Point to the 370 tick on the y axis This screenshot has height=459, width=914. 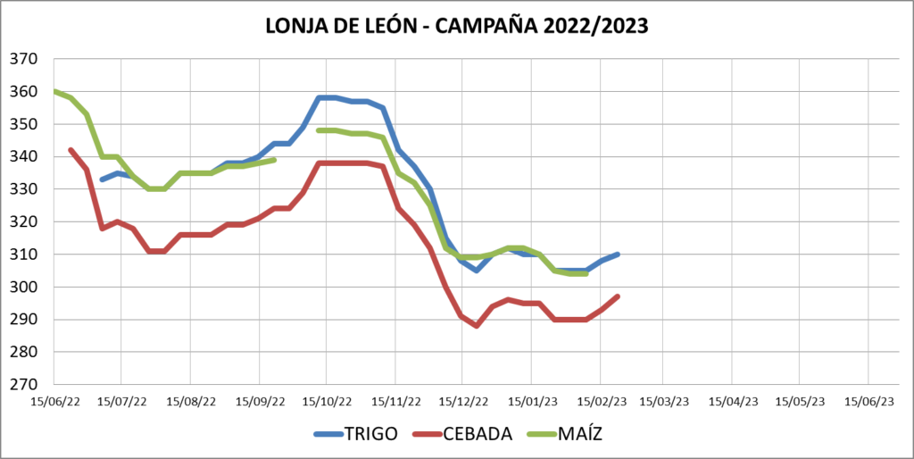(x=23, y=59)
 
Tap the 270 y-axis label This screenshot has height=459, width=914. (x=23, y=385)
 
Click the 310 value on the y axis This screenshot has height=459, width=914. (x=23, y=255)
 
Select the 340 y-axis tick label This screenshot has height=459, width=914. (x=23, y=157)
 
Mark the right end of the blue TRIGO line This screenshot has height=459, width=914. (x=618, y=255)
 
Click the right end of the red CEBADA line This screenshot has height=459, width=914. (x=618, y=296)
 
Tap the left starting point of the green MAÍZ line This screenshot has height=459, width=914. (x=54, y=91)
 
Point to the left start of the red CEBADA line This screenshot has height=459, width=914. (x=71, y=150)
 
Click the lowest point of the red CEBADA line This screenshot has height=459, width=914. (x=478, y=326)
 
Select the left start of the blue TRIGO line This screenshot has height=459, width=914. (x=102, y=179)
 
